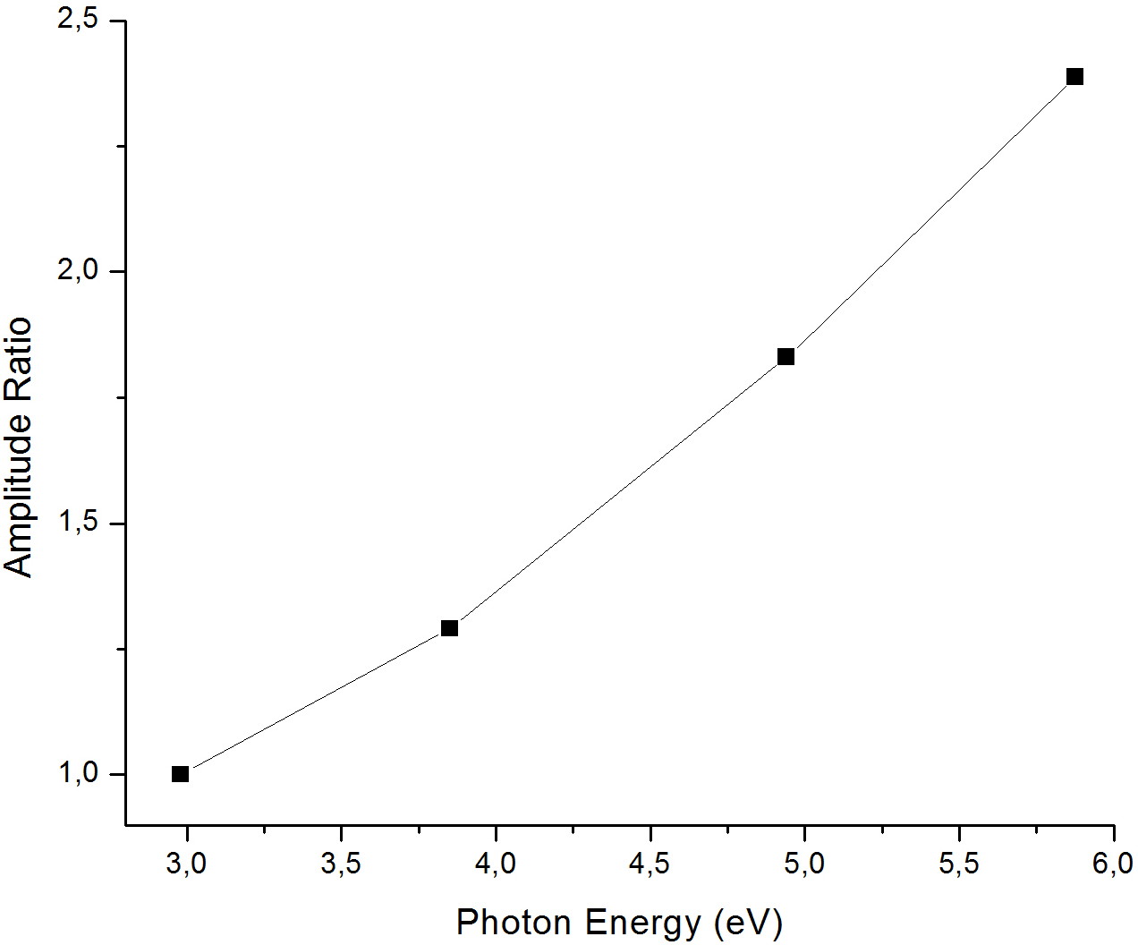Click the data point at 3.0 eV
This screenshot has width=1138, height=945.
coord(180,774)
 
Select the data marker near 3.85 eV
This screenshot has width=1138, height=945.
coord(449,628)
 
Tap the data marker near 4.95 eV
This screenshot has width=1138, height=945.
coord(786,357)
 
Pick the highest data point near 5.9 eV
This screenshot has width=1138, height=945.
coord(1074,77)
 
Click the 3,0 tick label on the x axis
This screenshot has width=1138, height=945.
coord(187,865)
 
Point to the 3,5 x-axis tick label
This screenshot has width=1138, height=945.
coord(341,865)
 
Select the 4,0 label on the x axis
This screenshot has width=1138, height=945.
coord(496,865)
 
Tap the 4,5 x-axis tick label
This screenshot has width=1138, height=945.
coord(650,865)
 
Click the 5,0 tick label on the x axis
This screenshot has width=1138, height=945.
coord(804,865)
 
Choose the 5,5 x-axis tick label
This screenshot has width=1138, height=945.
coord(959,865)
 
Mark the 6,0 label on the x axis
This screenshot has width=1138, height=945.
coord(1113,865)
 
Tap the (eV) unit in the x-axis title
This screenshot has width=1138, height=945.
coord(747,923)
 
